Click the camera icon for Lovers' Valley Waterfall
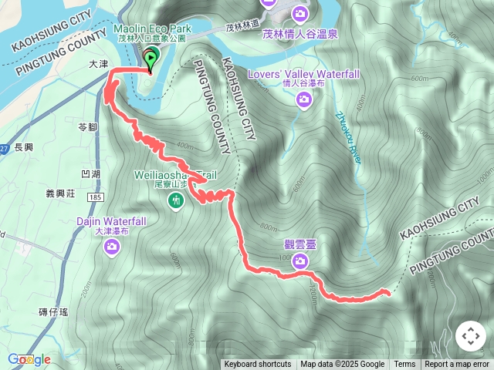pyautogui.click(x=304, y=99)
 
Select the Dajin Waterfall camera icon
pyautogui.click(x=113, y=247)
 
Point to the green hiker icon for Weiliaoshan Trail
pyautogui.click(x=176, y=201)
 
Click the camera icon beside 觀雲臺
pyautogui.click(x=299, y=262)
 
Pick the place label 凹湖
pyautogui.click(x=90, y=174)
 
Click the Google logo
pyautogui.click(x=29, y=359)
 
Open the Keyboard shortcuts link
pyautogui.click(x=258, y=365)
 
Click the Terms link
pyautogui.click(x=404, y=365)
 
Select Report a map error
pyautogui.click(x=457, y=365)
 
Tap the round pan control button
pyautogui.click(x=470, y=337)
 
